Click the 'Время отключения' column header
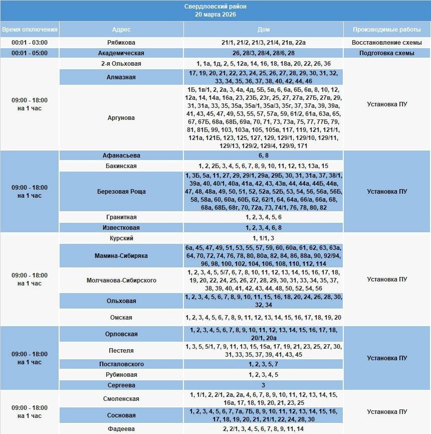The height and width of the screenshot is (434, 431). point(30,30)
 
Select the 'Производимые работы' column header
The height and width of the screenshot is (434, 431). point(387,30)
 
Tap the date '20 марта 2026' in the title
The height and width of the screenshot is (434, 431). point(215,15)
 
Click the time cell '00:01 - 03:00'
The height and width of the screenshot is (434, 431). point(30,43)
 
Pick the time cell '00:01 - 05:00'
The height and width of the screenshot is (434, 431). point(30,53)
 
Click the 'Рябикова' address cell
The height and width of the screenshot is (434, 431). point(121,43)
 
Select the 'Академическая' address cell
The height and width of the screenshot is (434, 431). point(121,53)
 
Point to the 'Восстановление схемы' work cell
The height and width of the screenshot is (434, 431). point(387,43)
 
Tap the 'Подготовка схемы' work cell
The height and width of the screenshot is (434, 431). point(387,53)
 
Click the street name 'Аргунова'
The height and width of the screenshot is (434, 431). point(121,118)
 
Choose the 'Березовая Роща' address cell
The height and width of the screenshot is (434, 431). point(121,191)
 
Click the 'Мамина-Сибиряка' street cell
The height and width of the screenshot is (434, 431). point(121,256)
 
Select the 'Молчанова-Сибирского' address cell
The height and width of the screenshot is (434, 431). point(121,280)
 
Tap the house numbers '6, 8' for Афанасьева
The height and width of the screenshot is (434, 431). point(264,156)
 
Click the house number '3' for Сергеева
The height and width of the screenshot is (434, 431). point(264,385)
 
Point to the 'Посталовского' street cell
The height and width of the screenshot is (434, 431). point(121,364)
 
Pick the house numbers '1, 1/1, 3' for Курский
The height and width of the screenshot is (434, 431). point(264,238)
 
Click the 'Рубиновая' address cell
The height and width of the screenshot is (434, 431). point(121,375)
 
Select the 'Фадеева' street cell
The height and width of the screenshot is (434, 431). point(121,429)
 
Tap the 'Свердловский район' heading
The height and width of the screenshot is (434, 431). point(215,7)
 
